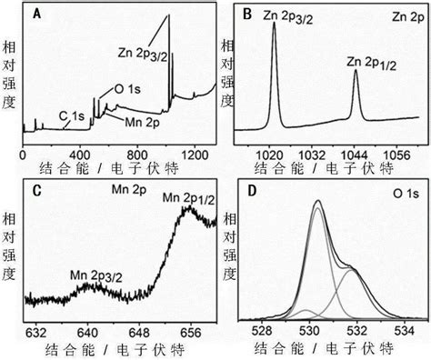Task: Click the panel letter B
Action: pyautogui.click(x=244, y=15)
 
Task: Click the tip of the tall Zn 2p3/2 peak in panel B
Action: pyautogui.click(x=274, y=22)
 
